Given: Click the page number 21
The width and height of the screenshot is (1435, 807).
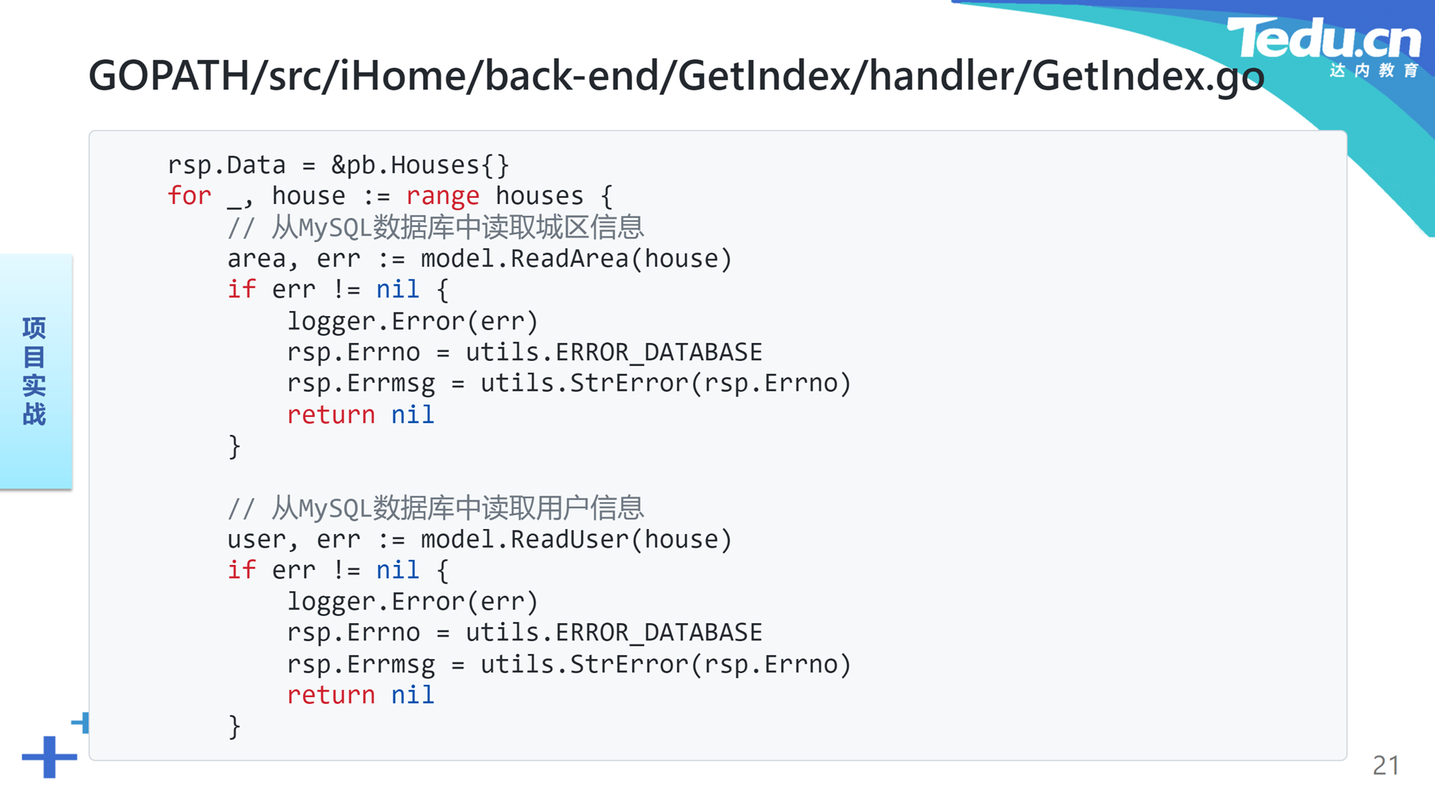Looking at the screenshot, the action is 1386,765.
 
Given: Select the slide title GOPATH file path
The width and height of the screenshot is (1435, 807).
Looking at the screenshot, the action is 676,76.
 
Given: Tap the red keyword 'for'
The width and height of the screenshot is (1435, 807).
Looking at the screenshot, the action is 189,196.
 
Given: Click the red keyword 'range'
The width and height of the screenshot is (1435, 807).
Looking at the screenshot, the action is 442,197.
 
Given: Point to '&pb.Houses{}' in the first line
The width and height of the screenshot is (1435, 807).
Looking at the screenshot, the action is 420,165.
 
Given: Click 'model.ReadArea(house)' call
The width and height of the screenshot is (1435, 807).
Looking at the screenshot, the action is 576,259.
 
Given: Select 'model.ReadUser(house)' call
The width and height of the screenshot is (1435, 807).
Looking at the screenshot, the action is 576,539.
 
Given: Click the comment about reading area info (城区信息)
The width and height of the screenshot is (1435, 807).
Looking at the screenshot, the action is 436,227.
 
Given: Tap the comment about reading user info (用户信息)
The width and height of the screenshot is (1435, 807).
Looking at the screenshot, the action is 436,508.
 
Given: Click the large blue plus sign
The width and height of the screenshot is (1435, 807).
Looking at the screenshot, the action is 49,757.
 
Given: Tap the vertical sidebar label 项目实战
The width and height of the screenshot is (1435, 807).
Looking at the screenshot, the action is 34,371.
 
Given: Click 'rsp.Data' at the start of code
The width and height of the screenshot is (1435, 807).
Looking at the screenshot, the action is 226,165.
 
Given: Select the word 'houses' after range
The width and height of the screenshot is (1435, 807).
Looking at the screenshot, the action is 539,196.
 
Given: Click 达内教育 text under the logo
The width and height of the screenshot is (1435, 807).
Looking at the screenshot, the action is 1374,70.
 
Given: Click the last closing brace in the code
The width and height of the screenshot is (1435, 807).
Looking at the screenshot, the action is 235,726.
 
